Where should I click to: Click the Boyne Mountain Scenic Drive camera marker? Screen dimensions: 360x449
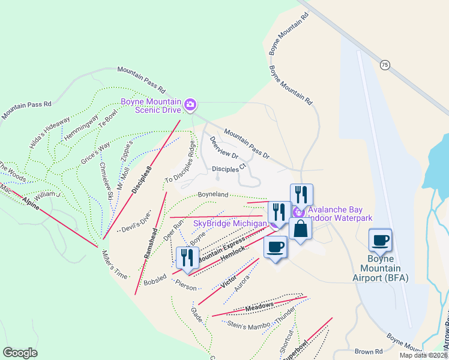(190, 106)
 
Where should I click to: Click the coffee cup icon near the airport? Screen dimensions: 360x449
(380, 241)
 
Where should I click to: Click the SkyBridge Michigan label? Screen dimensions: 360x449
(229, 224)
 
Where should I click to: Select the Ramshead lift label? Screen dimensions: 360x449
(150, 242)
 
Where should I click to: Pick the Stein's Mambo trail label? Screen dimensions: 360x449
(250, 325)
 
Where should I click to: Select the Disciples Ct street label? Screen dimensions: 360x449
(229, 169)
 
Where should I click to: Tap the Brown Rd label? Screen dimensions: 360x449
(368, 352)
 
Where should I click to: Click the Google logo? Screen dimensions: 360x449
(20, 353)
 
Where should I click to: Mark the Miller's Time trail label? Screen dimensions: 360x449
(115, 265)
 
